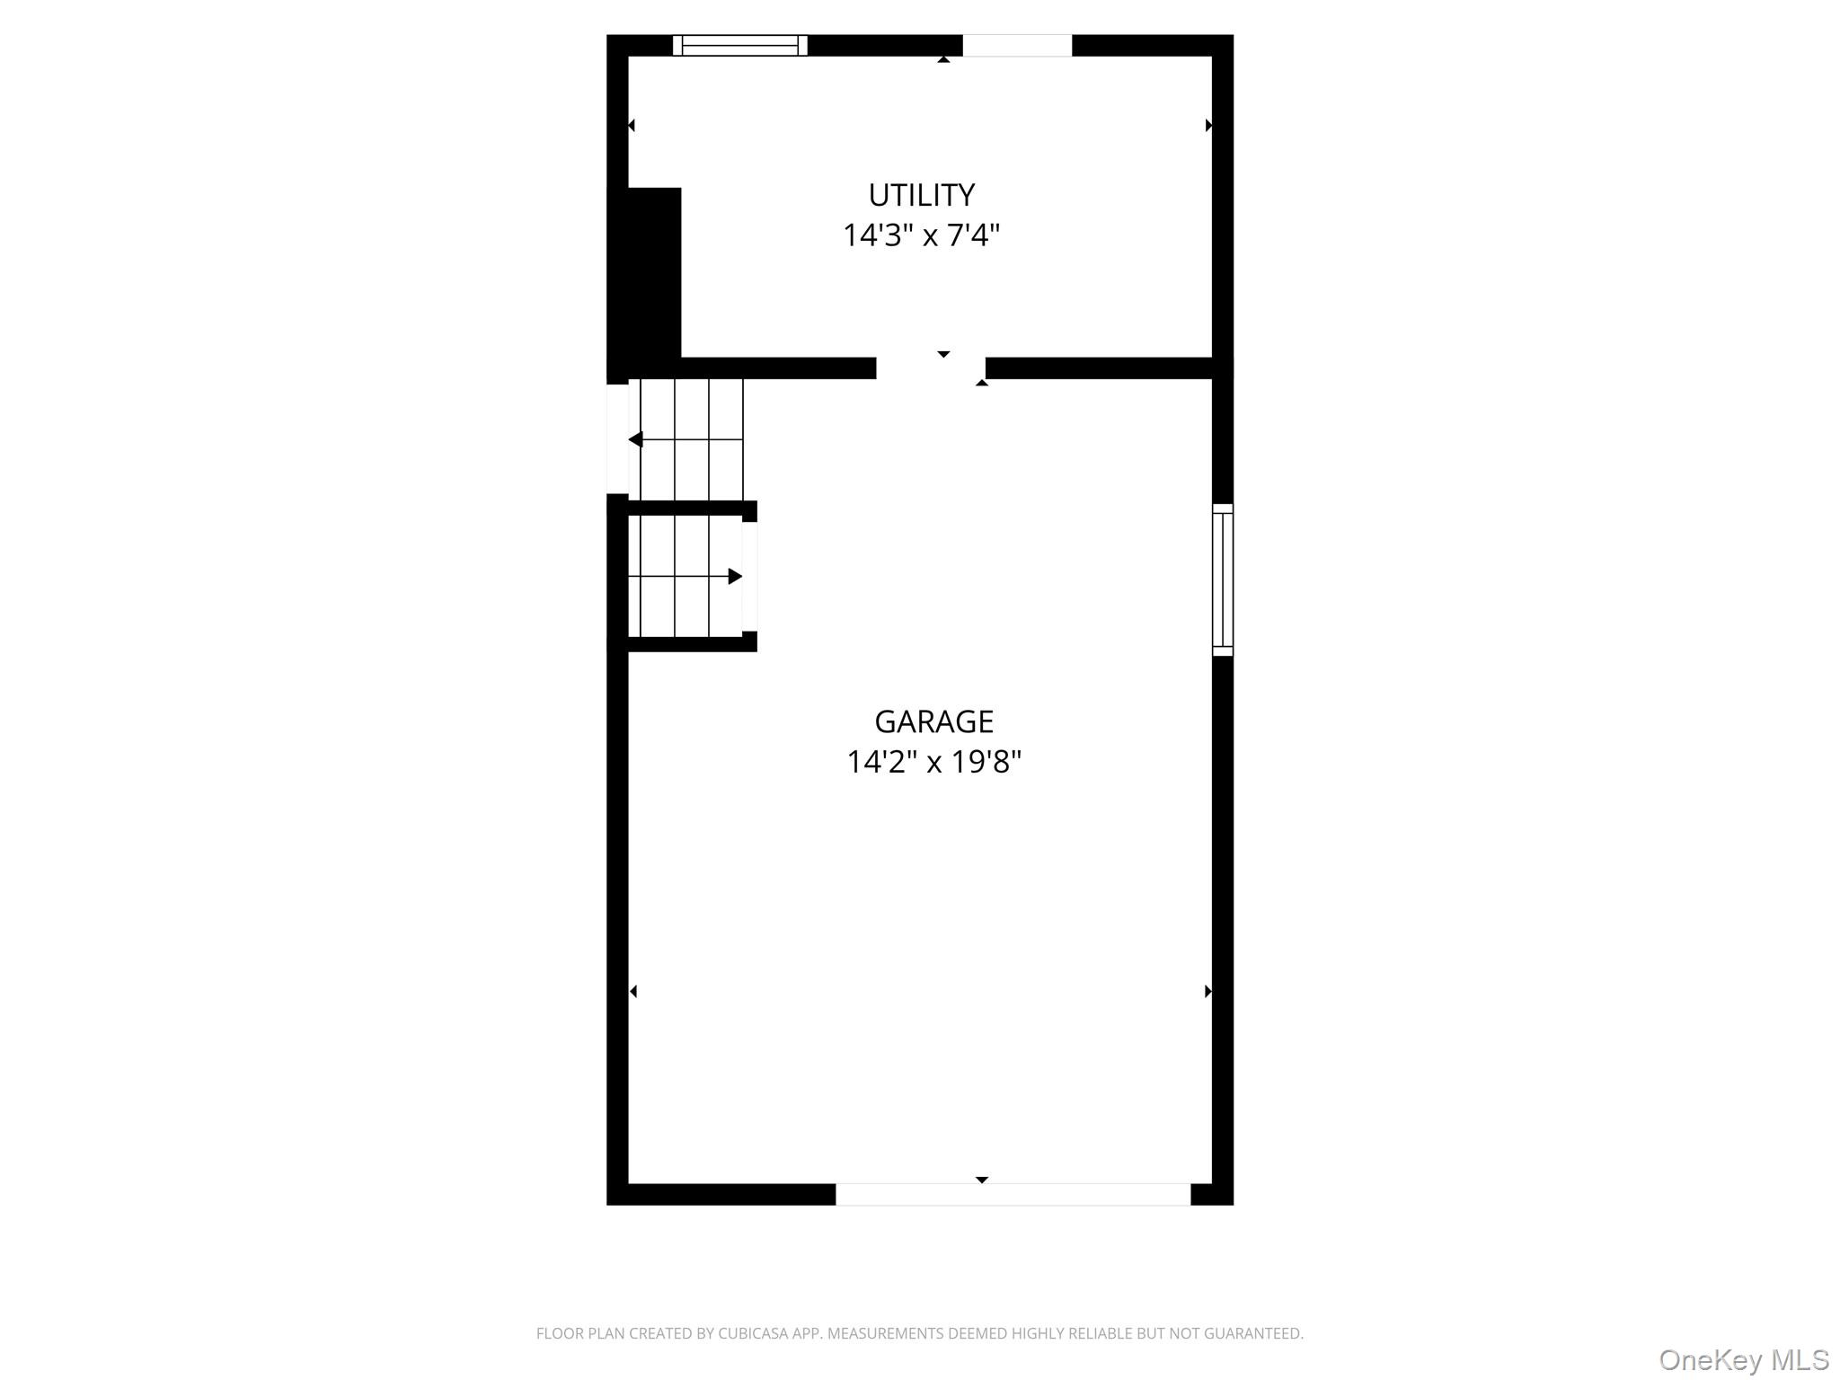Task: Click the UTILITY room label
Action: point(921,195)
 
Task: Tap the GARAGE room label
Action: point(933,721)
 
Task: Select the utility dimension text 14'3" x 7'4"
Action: point(921,235)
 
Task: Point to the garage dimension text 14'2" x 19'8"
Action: point(933,762)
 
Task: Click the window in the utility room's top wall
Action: point(740,45)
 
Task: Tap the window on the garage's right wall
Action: point(1223,579)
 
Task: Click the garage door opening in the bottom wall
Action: point(1013,1194)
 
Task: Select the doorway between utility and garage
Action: point(931,368)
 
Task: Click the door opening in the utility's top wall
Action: point(1017,45)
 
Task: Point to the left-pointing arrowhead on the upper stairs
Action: point(635,439)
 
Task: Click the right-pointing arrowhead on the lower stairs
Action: point(735,576)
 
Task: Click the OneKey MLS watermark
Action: point(1744,1359)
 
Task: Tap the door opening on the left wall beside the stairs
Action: point(618,439)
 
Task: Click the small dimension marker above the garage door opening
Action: point(982,1180)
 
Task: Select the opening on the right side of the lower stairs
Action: point(749,577)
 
